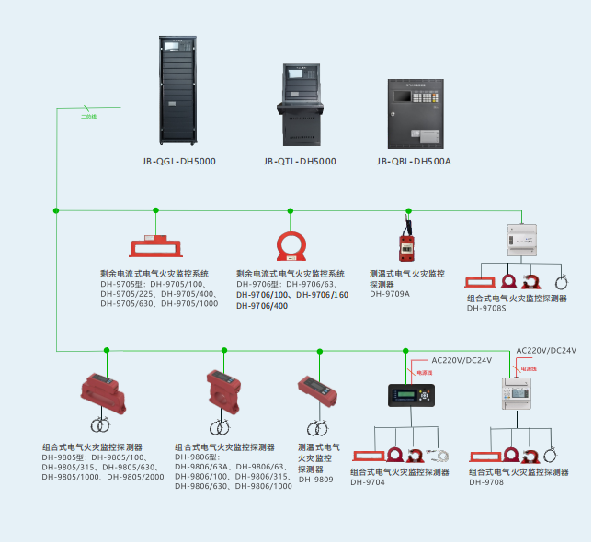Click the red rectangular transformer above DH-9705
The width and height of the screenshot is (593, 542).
pos(155,247)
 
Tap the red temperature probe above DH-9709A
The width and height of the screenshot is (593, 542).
pos(404,244)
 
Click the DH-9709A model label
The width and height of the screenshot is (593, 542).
pos(390,294)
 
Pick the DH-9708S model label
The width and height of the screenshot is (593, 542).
pos(486,308)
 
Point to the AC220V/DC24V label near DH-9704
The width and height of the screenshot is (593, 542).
pos(462,359)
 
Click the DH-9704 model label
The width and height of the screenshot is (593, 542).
pos(367,482)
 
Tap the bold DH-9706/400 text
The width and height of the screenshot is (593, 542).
pos(262,305)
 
